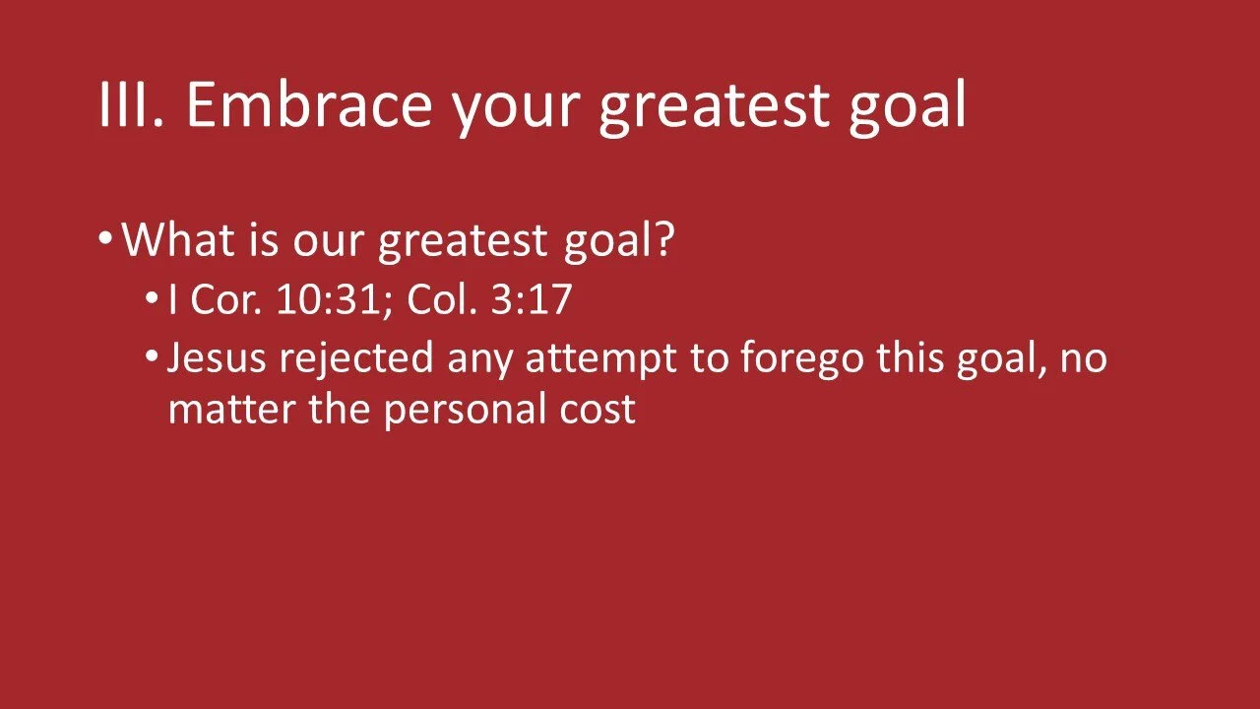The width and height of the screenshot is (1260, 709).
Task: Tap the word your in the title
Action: coord(517,110)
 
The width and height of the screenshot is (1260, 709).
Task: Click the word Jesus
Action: coord(217,358)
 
